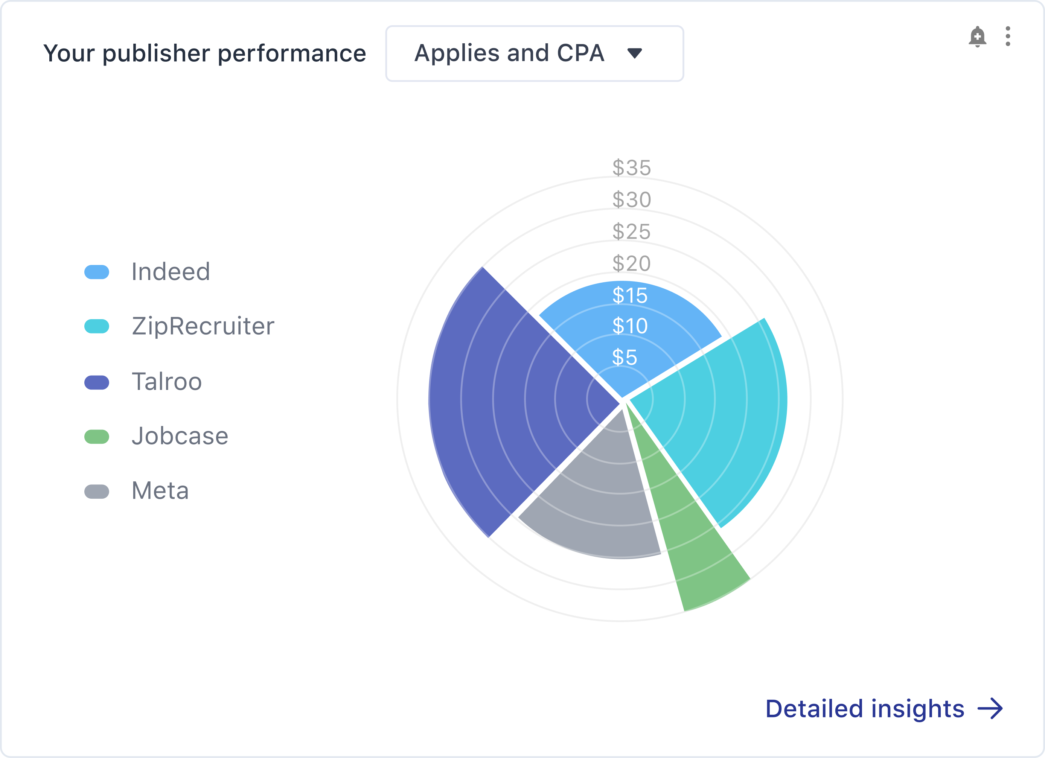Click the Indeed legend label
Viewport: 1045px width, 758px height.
[171, 271]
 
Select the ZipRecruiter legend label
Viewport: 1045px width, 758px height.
[203, 327]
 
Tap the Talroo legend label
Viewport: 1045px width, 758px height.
[167, 382]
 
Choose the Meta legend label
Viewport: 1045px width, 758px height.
[160, 490]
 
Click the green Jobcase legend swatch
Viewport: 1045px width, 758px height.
[97, 436]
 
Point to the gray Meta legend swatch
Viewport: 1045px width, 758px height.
[97, 491]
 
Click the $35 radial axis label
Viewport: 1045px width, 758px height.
[632, 168]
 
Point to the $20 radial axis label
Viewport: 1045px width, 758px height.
[632, 263]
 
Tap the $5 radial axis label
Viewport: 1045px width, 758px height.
[625, 357]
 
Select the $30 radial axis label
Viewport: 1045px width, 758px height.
[632, 199]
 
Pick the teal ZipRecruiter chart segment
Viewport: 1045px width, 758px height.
[719, 415]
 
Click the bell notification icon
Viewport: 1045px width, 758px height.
[977, 37]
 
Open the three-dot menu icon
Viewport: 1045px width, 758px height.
[1008, 37]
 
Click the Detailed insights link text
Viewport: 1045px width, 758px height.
[865, 709]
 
